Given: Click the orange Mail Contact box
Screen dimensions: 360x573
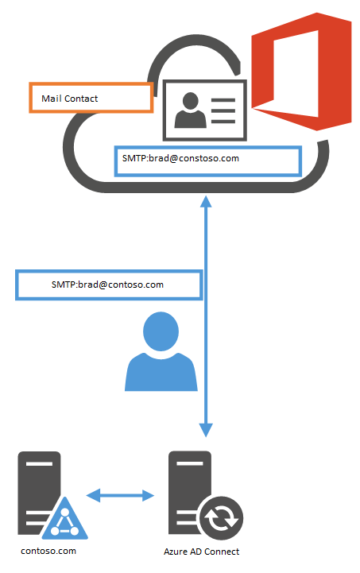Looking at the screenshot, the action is pyautogui.click(x=91, y=98).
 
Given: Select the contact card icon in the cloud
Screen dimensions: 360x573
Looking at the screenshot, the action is pyautogui.click(x=205, y=110).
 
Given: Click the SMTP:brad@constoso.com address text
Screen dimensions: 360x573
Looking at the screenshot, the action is pyautogui.click(x=180, y=159).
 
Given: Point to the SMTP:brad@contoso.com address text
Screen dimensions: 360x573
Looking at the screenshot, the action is pyautogui.click(x=107, y=285).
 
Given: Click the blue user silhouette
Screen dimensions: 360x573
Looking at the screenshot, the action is pyautogui.click(x=161, y=351).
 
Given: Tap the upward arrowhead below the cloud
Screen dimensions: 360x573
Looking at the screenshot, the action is pyautogui.click(x=206, y=202).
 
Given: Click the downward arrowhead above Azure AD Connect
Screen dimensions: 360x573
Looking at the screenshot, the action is pyautogui.click(x=206, y=430).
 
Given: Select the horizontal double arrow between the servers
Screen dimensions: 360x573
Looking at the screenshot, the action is pyautogui.click(x=120, y=496).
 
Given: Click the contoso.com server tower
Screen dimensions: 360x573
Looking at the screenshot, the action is pyautogui.click(x=39, y=490).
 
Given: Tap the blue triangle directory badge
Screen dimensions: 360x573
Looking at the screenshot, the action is pyautogui.click(x=64, y=518).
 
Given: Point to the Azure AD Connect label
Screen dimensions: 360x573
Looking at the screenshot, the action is pyautogui.click(x=201, y=552).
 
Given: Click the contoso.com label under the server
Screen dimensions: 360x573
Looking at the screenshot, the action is pyautogui.click(x=48, y=551).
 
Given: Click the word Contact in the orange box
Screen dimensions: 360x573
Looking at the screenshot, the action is pyautogui.click(x=81, y=99).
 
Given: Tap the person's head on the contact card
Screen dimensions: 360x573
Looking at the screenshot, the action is pyautogui.click(x=191, y=100).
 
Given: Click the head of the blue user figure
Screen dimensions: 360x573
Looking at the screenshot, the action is pyautogui.click(x=161, y=331).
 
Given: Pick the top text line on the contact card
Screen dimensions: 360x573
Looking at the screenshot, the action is pyautogui.click(x=223, y=100).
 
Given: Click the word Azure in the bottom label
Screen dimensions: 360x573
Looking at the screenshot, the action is pyautogui.click(x=176, y=552).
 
